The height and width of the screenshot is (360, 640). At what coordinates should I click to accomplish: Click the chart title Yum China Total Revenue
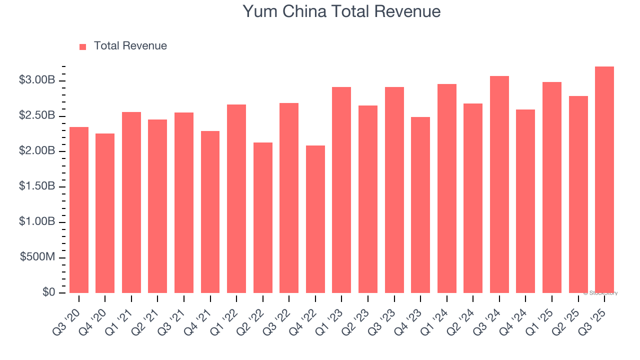341,11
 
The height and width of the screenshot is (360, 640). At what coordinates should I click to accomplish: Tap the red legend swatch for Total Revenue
83,46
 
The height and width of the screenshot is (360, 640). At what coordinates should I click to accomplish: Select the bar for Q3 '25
604,179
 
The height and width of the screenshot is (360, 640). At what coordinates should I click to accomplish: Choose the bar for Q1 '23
341,190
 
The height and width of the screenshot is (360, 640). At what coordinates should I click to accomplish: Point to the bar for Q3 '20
79,210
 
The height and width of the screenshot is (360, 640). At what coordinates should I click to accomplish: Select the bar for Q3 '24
499,184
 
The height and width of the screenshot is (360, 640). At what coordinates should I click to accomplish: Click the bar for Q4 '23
420,205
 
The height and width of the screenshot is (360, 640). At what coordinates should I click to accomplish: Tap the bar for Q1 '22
236,198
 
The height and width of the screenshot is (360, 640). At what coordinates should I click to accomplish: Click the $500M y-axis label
37,257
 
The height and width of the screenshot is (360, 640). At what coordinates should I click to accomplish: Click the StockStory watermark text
600,293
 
